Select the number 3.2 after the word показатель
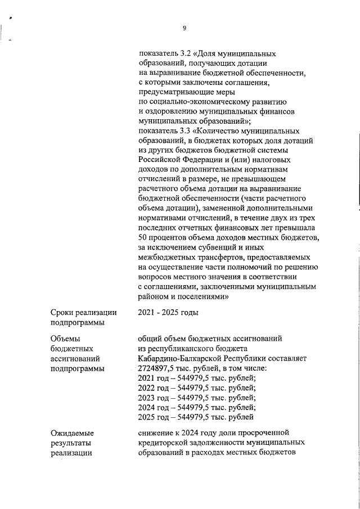pos(182,54)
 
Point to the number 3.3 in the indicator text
pos(182,129)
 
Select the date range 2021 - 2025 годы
pos(168,313)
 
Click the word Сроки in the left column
pos(63,313)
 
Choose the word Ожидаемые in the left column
pos(72,433)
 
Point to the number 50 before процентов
pos(143,237)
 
